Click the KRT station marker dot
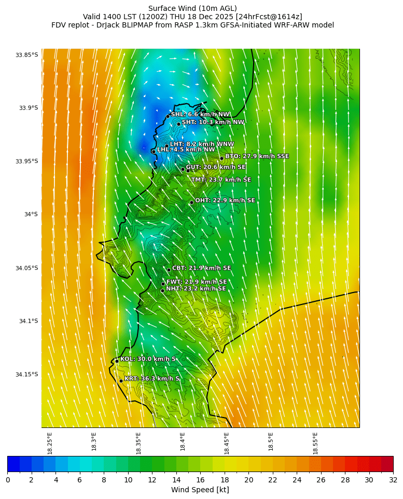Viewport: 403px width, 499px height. coord(121,381)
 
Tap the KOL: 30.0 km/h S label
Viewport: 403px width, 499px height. coord(148,359)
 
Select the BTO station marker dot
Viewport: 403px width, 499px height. coord(221,158)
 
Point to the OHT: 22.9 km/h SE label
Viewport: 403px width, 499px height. coord(225,200)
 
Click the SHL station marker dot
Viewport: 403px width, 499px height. coord(168,116)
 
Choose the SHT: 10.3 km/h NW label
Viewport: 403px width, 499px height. coord(213,122)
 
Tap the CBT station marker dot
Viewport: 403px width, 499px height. coord(169,270)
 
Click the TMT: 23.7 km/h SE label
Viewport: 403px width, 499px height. coord(221,179)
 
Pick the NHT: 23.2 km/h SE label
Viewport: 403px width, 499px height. coord(196,288)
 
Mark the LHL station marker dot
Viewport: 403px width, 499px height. coord(154,151)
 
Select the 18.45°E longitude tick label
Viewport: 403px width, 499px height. coord(227,443)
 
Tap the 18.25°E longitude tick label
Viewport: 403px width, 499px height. coord(50,443)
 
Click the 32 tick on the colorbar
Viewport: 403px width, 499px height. coord(393,480)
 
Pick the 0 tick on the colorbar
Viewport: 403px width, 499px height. coord(8,480)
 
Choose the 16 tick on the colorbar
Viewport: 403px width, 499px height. coord(200,480)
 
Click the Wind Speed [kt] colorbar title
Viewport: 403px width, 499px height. coord(200,490)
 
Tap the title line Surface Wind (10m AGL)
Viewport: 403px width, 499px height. coord(192,8)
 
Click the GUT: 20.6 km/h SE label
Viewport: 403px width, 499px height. coord(216,167)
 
